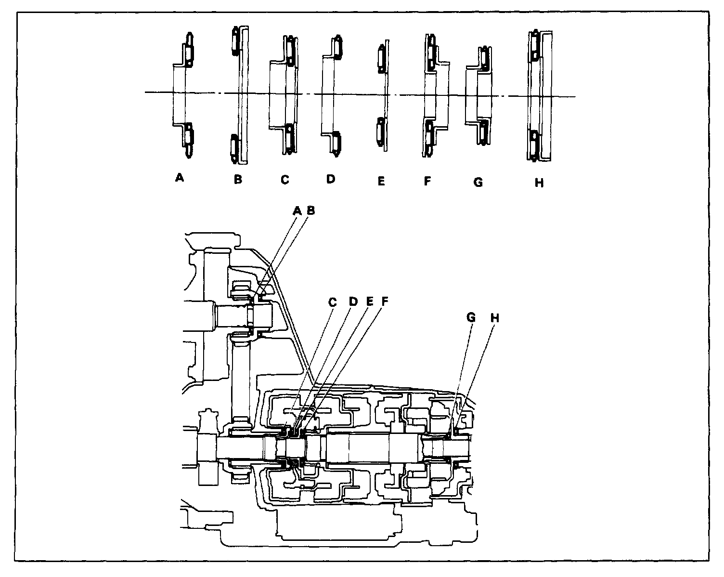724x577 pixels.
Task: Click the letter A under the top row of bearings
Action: (x=180, y=178)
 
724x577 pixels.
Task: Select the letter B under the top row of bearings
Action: (x=238, y=180)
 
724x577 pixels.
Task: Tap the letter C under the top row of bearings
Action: (x=284, y=180)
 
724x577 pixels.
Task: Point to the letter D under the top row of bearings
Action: (x=330, y=179)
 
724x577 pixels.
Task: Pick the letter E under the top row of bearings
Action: (x=381, y=182)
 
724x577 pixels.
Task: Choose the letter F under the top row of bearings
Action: (x=427, y=181)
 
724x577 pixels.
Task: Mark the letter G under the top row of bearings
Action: (x=478, y=182)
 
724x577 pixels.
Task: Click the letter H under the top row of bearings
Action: (x=539, y=183)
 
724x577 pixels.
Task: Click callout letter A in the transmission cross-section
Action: (x=297, y=210)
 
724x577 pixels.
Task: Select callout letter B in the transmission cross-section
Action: (x=311, y=210)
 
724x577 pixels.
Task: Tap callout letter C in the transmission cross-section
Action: (x=332, y=302)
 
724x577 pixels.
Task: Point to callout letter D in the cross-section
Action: (x=353, y=302)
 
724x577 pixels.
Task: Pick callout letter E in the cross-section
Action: (x=370, y=302)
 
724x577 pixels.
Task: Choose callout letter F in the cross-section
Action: (x=385, y=302)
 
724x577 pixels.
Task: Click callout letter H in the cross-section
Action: (x=494, y=317)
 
